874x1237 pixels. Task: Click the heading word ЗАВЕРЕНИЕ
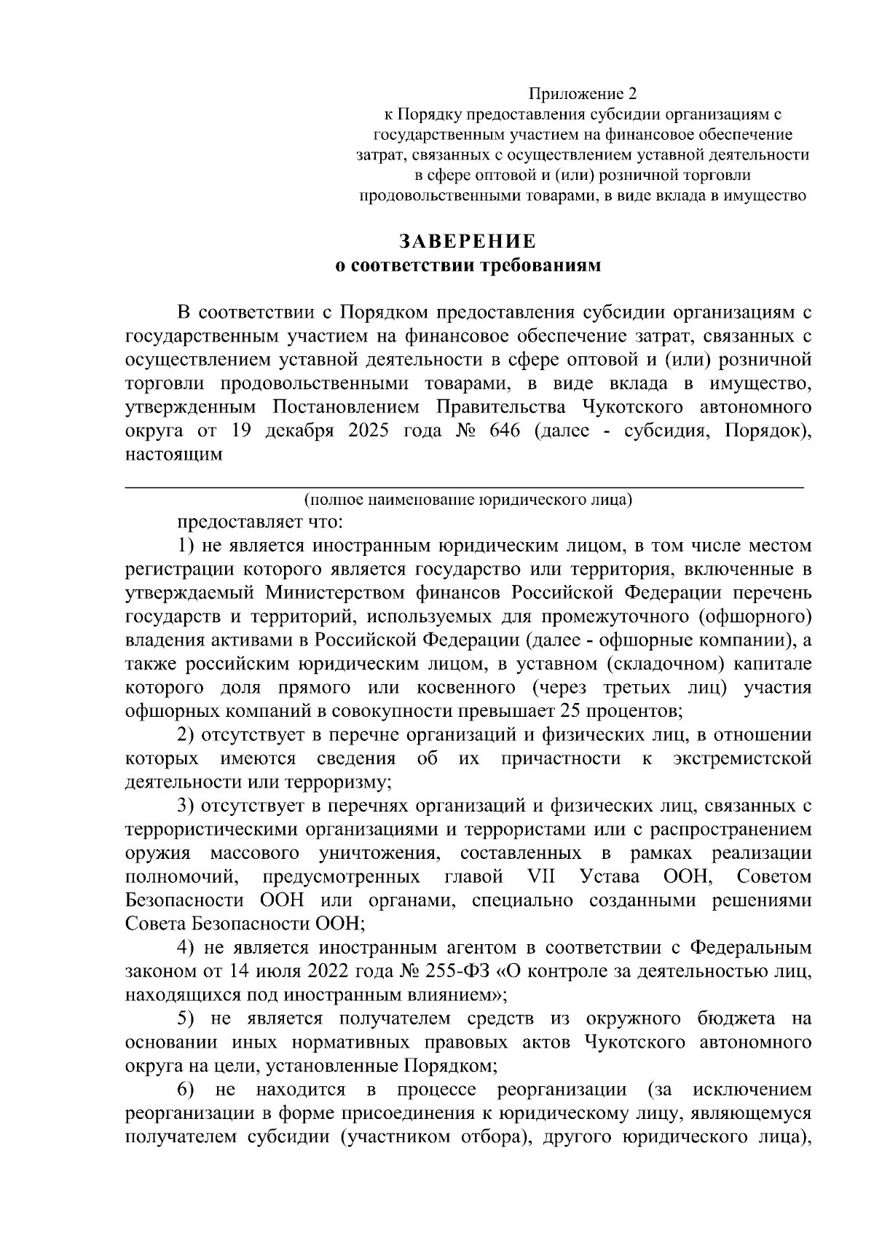tap(466, 241)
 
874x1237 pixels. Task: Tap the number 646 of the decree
tap(505, 431)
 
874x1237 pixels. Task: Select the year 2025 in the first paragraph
tap(373, 431)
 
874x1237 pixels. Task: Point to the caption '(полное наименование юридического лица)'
tap(468, 500)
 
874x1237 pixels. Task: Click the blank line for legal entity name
tap(466, 484)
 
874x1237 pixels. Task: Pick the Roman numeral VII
tap(540, 876)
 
